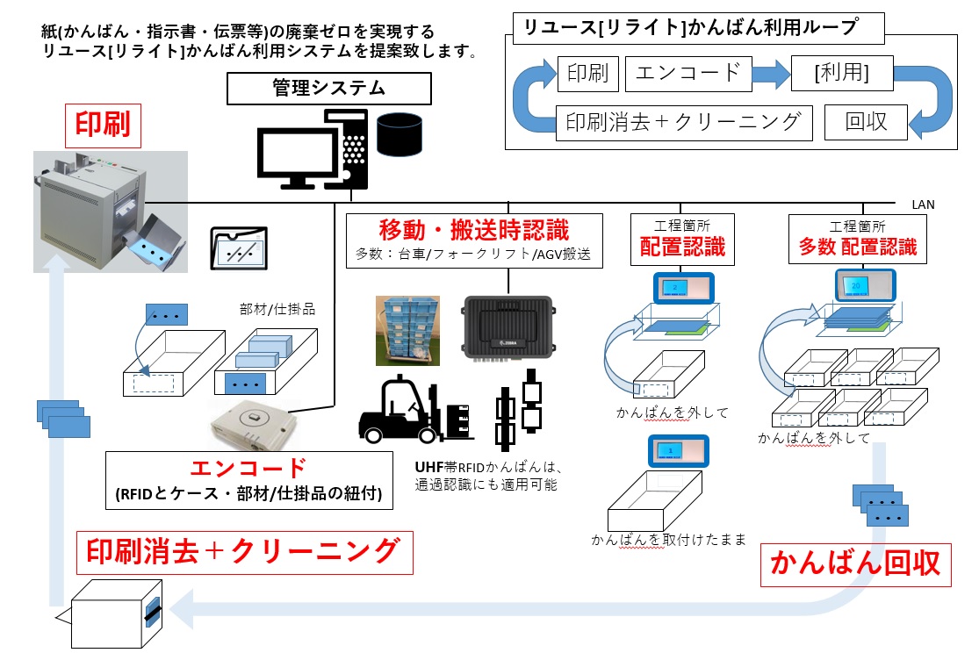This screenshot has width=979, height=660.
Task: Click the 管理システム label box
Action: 328,89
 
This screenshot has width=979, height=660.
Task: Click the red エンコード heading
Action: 248,467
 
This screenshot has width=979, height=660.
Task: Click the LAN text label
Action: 923,204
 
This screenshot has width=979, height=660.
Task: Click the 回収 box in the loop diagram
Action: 866,122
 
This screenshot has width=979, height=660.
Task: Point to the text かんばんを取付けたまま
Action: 668,540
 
